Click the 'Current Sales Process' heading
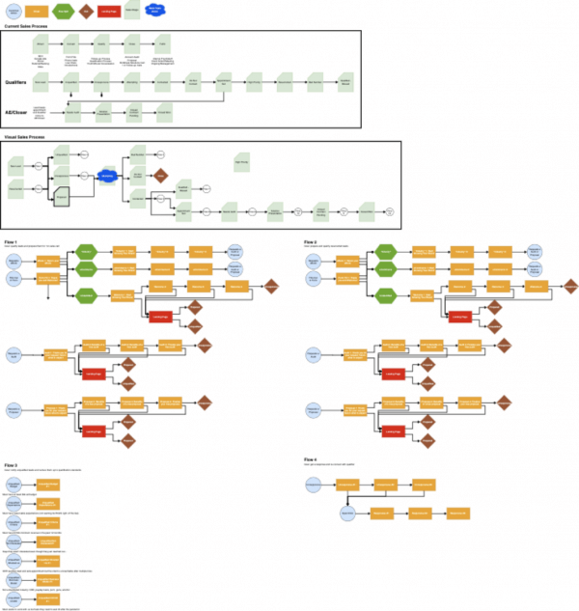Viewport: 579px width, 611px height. tap(30, 26)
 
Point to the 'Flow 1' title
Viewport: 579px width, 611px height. tap(13, 240)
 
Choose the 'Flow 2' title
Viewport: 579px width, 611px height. tap(309, 240)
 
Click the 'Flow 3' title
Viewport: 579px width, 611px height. tap(13, 464)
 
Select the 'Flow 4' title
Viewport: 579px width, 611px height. tap(309, 458)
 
